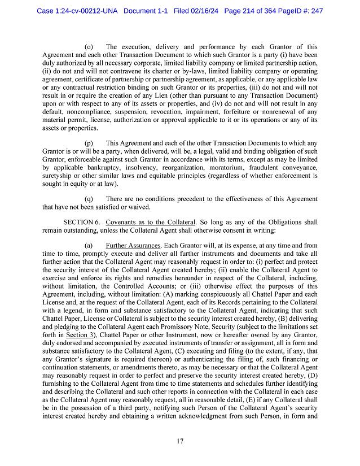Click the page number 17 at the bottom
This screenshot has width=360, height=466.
pos(179,441)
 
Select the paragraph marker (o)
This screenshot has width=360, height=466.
pos(89,47)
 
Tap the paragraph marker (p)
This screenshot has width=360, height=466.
pos(89,143)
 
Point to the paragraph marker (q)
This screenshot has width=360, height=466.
pos(89,199)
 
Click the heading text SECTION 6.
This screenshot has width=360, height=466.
pos(82,223)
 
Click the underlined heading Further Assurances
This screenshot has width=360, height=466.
pos(133,246)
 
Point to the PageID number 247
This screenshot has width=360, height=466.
pos(315,10)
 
